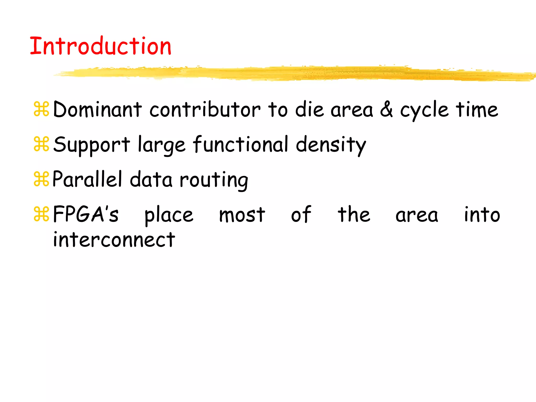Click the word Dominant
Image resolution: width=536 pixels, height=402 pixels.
(x=97, y=109)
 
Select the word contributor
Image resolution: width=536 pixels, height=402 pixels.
(x=205, y=109)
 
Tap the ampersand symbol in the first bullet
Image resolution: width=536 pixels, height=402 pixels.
(x=386, y=109)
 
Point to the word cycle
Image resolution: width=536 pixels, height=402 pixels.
(x=424, y=110)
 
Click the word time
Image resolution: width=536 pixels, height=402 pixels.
(x=477, y=109)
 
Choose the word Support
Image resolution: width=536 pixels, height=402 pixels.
(x=92, y=145)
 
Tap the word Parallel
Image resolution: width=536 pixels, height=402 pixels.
(x=87, y=179)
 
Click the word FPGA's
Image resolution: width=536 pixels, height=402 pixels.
(x=86, y=214)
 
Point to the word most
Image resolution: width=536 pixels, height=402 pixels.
(x=242, y=215)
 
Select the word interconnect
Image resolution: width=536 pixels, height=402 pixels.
(x=114, y=240)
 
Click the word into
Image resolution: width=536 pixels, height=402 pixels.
(x=482, y=214)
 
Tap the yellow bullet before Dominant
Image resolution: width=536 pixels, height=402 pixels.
(x=41, y=109)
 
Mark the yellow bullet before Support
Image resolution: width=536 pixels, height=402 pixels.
(x=41, y=144)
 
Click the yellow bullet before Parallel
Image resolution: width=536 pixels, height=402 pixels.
(x=41, y=179)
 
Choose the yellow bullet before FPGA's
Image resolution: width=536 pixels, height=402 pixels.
(x=41, y=214)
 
